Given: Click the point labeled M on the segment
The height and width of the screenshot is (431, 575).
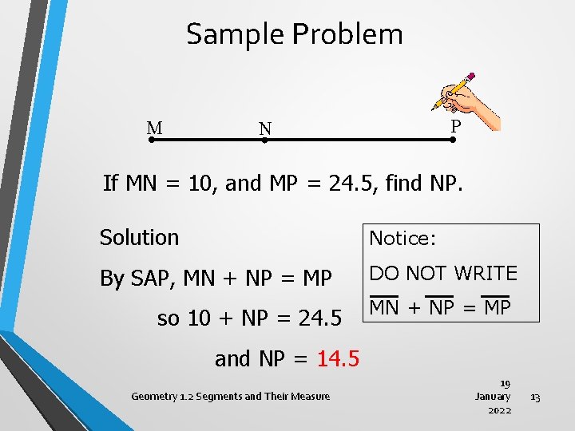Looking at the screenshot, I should click(x=152, y=140).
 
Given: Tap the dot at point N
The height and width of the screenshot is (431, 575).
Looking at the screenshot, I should click(x=264, y=140).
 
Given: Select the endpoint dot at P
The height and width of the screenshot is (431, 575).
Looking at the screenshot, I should click(x=452, y=140).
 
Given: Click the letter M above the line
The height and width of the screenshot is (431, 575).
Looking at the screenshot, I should click(x=155, y=128).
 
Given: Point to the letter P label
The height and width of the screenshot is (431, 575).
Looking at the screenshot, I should click(x=455, y=126).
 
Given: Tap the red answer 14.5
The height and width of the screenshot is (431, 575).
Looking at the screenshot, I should click(x=338, y=359).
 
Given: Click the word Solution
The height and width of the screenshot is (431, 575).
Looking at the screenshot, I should click(x=139, y=237).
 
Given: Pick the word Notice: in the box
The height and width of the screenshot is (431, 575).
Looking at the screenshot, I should click(x=401, y=238).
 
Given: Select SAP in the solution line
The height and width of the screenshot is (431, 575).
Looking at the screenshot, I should click(x=153, y=279).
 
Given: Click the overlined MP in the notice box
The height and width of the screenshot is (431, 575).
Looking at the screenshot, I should click(x=497, y=307).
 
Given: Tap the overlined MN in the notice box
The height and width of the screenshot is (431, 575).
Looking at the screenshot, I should click(x=384, y=307).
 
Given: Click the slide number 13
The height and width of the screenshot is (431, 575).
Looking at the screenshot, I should click(x=535, y=397).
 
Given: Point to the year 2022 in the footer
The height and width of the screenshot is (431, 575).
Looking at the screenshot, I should click(x=500, y=409).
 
